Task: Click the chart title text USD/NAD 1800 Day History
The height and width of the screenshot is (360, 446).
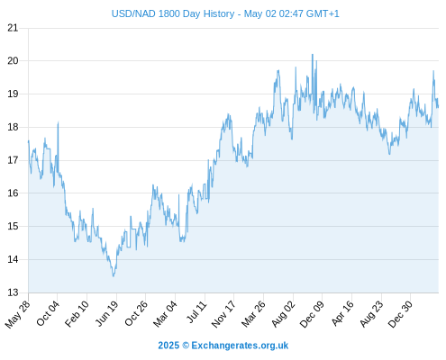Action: point(173,13)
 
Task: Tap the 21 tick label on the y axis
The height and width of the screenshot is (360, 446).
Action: point(13,28)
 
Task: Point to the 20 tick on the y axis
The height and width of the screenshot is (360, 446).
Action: point(13,61)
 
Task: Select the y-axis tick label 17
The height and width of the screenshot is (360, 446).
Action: point(13,160)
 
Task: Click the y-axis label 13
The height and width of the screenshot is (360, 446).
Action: point(13,292)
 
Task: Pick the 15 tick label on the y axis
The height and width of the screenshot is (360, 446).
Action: point(13,226)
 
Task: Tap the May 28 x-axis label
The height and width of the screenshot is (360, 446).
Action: point(18,314)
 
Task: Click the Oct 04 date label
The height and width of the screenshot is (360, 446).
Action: point(48,313)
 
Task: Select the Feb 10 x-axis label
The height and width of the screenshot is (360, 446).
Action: point(77,313)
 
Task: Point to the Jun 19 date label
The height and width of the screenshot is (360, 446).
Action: point(107,313)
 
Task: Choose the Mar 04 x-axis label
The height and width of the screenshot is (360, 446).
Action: point(166,314)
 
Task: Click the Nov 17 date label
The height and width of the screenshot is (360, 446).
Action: point(223,314)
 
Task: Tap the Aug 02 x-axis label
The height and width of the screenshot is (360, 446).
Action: point(284,314)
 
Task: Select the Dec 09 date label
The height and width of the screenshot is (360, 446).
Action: point(313,314)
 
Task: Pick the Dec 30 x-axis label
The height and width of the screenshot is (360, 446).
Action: point(400,314)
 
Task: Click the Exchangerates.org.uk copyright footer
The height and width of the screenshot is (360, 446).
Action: point(223,346)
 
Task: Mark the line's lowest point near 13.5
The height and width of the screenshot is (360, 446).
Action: point(114,276)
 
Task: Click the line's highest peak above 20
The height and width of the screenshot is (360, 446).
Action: point(313,54)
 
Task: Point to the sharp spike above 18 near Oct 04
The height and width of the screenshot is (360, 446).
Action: point(58,122)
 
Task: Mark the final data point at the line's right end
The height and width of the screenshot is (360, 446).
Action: point(438,107)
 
